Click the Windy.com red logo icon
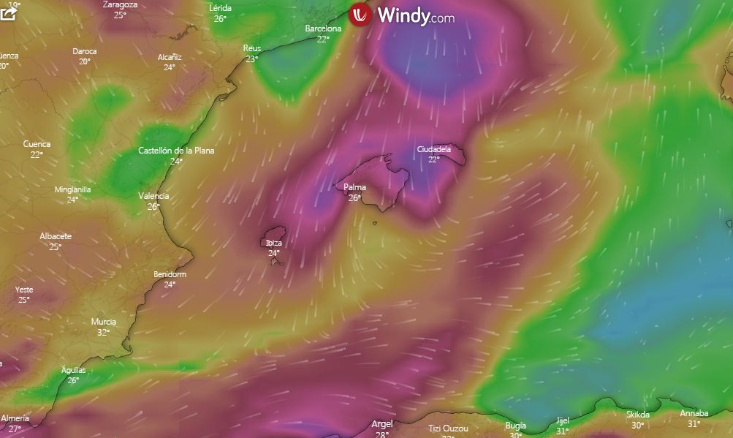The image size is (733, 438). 361,15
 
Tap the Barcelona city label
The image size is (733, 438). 323,29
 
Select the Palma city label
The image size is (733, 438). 354,188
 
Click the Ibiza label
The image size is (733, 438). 273,243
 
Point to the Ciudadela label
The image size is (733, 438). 434,149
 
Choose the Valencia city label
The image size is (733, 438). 153,196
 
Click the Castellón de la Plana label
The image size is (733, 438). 176,151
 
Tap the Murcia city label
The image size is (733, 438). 103,322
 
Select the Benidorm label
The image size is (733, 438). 170,274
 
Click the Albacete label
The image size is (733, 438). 56,236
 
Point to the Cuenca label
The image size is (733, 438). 37,144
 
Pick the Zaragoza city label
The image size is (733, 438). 120,4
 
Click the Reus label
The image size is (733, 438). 251,48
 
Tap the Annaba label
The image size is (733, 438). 694,413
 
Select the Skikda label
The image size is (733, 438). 637,415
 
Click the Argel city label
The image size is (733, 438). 382,423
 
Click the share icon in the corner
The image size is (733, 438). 8,13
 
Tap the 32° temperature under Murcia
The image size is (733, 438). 103,332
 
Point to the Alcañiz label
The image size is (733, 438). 170,57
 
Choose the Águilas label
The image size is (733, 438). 73,370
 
